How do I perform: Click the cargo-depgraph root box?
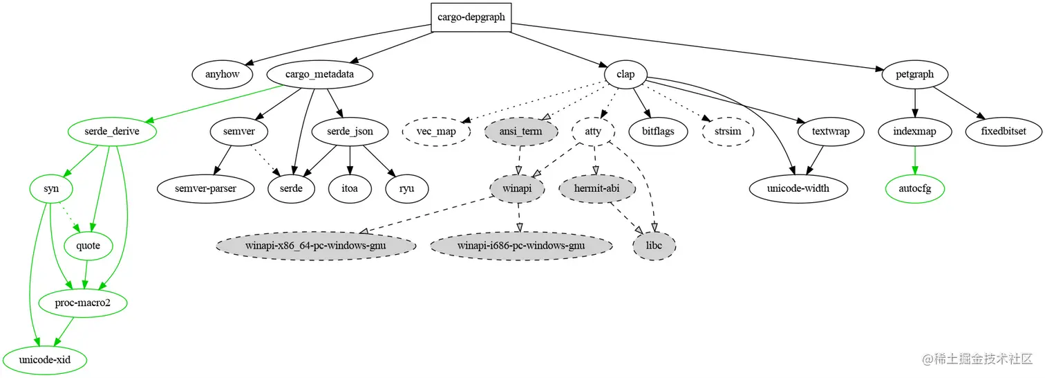tap(471, 17)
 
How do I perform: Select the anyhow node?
tap(221, 74)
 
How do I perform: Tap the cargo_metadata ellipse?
tap(319, 74)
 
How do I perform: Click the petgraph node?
tap(915, 74)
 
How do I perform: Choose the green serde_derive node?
tap(112, 131)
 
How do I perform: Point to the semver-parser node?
tap(206, 188)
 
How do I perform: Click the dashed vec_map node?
tap(437, 131)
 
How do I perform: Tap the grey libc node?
tap(654, 246)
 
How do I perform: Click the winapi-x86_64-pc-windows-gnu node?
tap(316, 246)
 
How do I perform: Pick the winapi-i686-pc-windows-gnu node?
tap(520, 246)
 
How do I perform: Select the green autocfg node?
tap(915, 188)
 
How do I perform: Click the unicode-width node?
tap(798, 188)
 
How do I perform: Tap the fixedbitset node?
tap(1003, 131)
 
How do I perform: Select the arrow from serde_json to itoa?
tap(350, 159)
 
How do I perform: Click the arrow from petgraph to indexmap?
tap(915, 102)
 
